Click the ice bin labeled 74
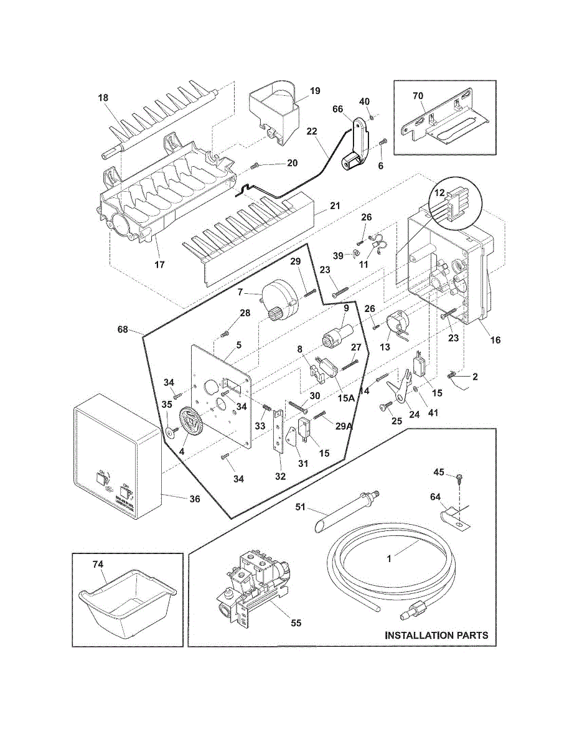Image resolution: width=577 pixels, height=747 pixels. click(128, 604)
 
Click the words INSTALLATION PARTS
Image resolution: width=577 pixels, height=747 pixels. click(436, 636)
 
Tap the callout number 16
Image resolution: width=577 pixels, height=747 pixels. click(495, 341)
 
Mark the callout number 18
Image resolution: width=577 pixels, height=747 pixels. click(103, 97)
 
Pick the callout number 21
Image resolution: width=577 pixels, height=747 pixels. click(334, 205)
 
